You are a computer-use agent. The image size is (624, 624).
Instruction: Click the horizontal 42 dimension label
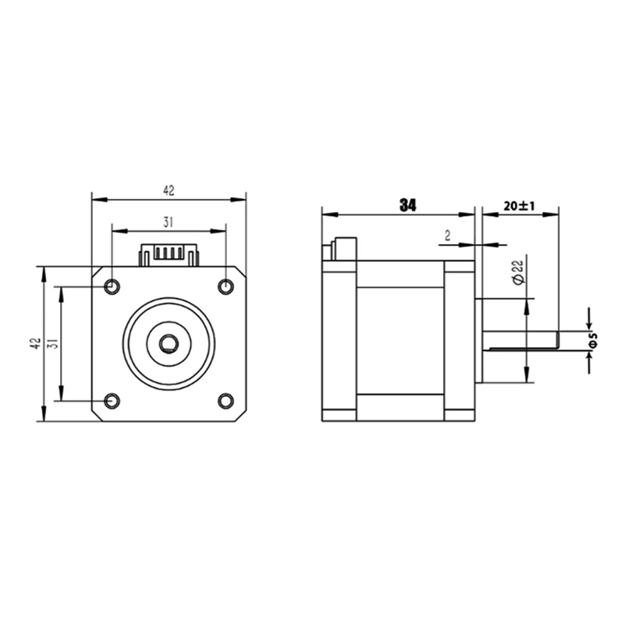coord(168,190)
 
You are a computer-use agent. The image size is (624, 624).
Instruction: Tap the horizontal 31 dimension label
coord(168,222)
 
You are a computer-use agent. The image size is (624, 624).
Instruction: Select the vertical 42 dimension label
coord(36,343)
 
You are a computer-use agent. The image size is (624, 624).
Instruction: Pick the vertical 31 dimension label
coord(54,343)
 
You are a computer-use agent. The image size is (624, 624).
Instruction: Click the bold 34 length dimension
coord(408,205)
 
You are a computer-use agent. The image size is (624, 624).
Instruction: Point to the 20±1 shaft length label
coord(519,206)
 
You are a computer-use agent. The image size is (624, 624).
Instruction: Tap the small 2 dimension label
coord(448,236)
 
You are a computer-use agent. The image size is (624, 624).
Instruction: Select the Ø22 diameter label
coord(519,272)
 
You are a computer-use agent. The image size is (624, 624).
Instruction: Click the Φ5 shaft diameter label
coord(593,341)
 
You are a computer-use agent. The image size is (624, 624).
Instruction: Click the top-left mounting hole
coord(112,286)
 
